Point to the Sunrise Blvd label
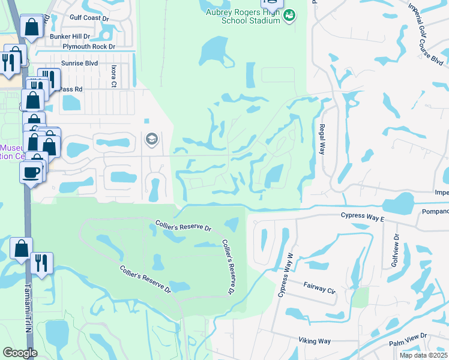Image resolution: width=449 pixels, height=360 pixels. point(79,62)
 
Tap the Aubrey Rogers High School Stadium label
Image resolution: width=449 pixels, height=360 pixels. point(243,16)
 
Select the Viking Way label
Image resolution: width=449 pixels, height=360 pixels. point(315,341)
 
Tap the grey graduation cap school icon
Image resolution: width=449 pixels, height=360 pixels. point(151,140)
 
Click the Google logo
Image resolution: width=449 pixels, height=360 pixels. point(19,353)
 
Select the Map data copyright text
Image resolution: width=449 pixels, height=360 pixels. point(424,355)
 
